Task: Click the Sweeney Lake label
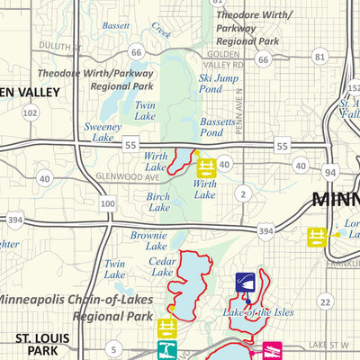[102, 134]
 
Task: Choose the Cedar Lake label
[162, 265]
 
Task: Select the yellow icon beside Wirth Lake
[207, 166]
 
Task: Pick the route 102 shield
[31, 112]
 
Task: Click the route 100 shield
[108, 205]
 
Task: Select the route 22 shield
[325, 302]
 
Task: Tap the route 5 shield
[113, 349]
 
